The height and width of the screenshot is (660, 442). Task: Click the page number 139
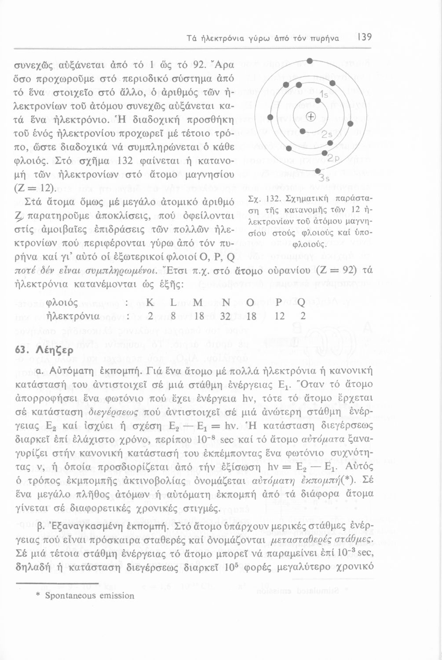coord(365,38)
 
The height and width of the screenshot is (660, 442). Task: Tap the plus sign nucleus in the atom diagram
coord(311,117)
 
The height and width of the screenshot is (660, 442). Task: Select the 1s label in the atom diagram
coord(325,94)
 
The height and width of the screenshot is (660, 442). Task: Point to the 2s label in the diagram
coord(327,135)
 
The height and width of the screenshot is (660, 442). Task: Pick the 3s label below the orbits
coord(324,178)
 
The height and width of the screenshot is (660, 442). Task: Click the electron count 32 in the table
coord(226,316)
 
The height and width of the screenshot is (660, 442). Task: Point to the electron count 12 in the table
coord(278,316)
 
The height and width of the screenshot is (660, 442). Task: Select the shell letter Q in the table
coord(302,303)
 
